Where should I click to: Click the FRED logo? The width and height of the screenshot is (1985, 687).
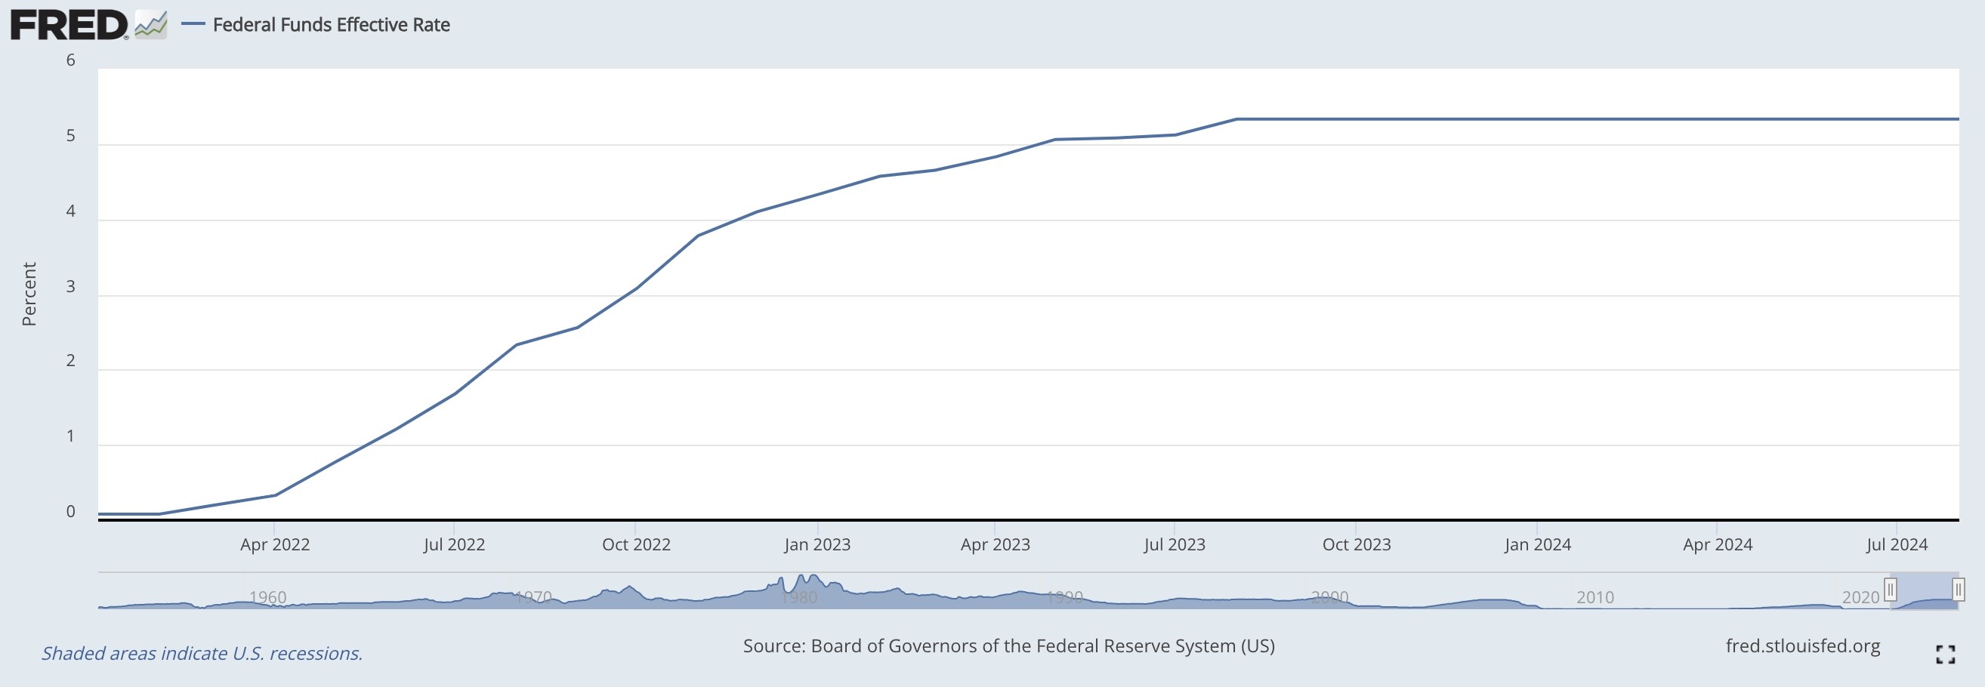(69, 25)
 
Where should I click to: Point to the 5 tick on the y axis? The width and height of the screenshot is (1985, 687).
(71, 137)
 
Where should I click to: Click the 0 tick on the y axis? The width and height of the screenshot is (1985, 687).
(71, 512)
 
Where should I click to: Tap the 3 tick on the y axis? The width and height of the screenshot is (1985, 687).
(71, 288)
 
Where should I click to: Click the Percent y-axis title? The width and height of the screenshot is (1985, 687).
(29, 294)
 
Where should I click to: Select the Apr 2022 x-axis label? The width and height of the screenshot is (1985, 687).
(274, 544)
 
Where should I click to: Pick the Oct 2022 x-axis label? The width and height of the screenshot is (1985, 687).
(636, 544)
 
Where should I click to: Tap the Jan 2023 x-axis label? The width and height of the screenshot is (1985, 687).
(817, 544)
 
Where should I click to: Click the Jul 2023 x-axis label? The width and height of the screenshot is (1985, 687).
(1174, 544)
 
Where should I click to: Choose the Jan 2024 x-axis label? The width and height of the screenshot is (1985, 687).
(1537, 544)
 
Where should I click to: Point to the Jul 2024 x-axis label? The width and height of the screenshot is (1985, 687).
(1897, 544)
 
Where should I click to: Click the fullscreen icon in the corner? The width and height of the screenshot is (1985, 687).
(1945, 655)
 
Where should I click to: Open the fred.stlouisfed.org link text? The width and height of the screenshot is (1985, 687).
(1802, 646)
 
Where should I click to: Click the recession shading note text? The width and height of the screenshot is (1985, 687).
(202, 654)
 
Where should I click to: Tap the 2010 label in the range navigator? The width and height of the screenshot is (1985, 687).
(1594, 597)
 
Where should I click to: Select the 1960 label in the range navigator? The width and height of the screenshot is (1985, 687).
(267, 597)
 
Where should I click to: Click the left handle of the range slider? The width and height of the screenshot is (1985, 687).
(1891, 590)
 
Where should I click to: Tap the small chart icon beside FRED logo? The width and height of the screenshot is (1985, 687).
(151, 25)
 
